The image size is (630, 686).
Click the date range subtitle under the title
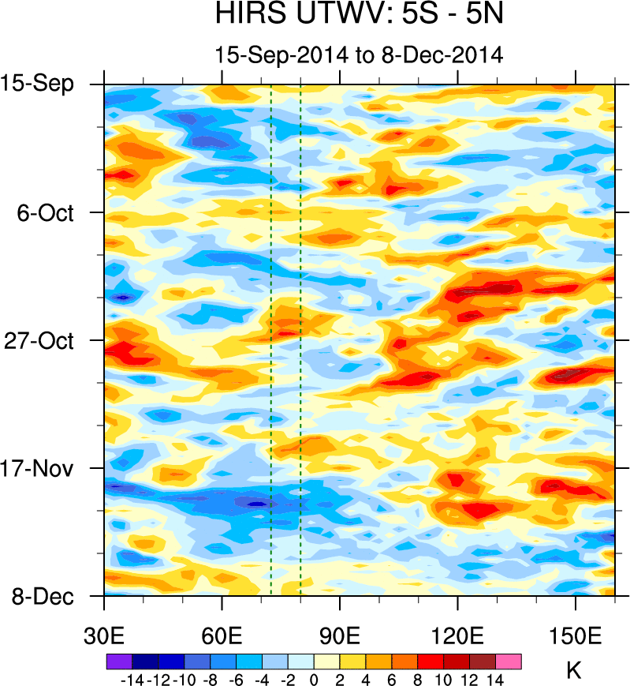pyautogui.click(x=359, y=54)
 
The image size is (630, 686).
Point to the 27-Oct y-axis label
pyautogui.click(x=46, y=341)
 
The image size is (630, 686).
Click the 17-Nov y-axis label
pyautogui.click(x=46, y=468)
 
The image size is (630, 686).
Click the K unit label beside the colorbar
pyautogui.click(x=574, y=672)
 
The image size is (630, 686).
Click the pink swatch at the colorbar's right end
pyautogui.click(x=509, y=662)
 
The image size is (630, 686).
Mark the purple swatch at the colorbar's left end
pyautogui.click(x=117, y=662)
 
